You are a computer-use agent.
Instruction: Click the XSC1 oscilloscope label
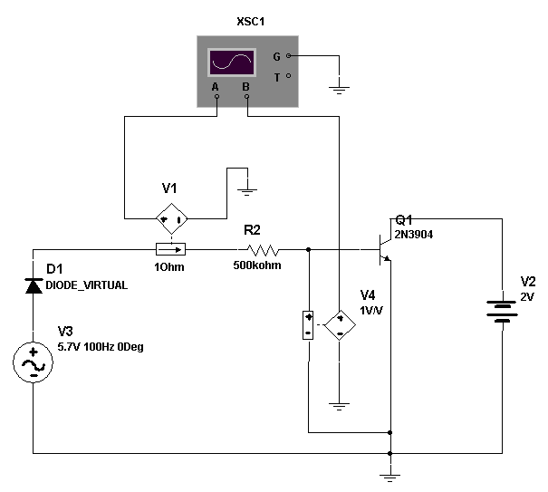pos(251,22)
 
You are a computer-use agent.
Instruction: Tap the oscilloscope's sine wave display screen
pos(232,62)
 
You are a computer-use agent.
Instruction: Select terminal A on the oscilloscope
pos(216,96)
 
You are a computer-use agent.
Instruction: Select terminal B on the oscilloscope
pos(247,96)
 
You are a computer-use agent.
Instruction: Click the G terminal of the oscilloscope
pos(288,55)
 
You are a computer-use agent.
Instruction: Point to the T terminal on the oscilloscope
pos(288,75)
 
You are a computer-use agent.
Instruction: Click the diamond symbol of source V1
pos(171,219)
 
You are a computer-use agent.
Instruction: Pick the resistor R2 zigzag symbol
pos(263,250)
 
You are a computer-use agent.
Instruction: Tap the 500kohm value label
pos(257,265)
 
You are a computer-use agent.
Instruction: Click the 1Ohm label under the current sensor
pos(169,267)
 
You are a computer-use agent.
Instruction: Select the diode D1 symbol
pos(34,285)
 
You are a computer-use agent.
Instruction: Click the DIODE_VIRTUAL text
pos(87,285)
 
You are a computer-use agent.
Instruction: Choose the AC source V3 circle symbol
pos(33,362)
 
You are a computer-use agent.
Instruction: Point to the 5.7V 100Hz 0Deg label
pos(101,347)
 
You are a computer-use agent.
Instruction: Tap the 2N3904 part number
pos(414,235)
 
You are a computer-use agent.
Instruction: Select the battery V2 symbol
pos(502,311)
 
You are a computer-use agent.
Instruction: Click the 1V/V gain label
pos(371,311)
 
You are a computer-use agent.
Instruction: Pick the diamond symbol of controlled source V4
pos(340,325)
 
